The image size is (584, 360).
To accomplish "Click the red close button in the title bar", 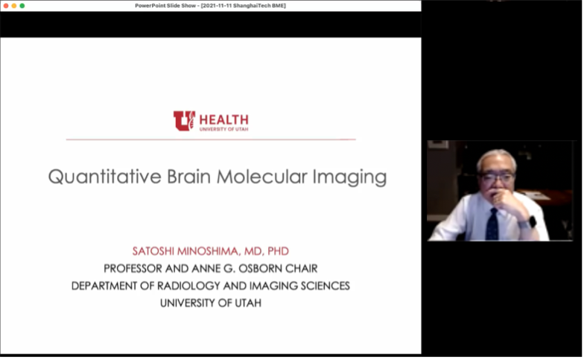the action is pos(6,6).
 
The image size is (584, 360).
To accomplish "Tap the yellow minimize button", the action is pos(13,6).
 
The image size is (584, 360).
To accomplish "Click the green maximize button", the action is pos(22,6).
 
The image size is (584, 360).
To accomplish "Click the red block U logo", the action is pos(184,121).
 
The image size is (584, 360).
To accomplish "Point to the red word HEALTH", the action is pos(223,120).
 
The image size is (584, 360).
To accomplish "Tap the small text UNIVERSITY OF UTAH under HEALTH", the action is pos(223,130).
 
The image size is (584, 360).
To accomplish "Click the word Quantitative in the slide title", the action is pos(104,176).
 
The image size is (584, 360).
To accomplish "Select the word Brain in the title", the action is pos(189,176).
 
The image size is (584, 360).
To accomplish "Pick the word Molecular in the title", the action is pos(262,176).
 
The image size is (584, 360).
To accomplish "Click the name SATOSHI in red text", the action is pos(153,251).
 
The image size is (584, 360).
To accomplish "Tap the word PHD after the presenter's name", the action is pos(278,251).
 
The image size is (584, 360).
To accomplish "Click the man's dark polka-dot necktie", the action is pos(492,224).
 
